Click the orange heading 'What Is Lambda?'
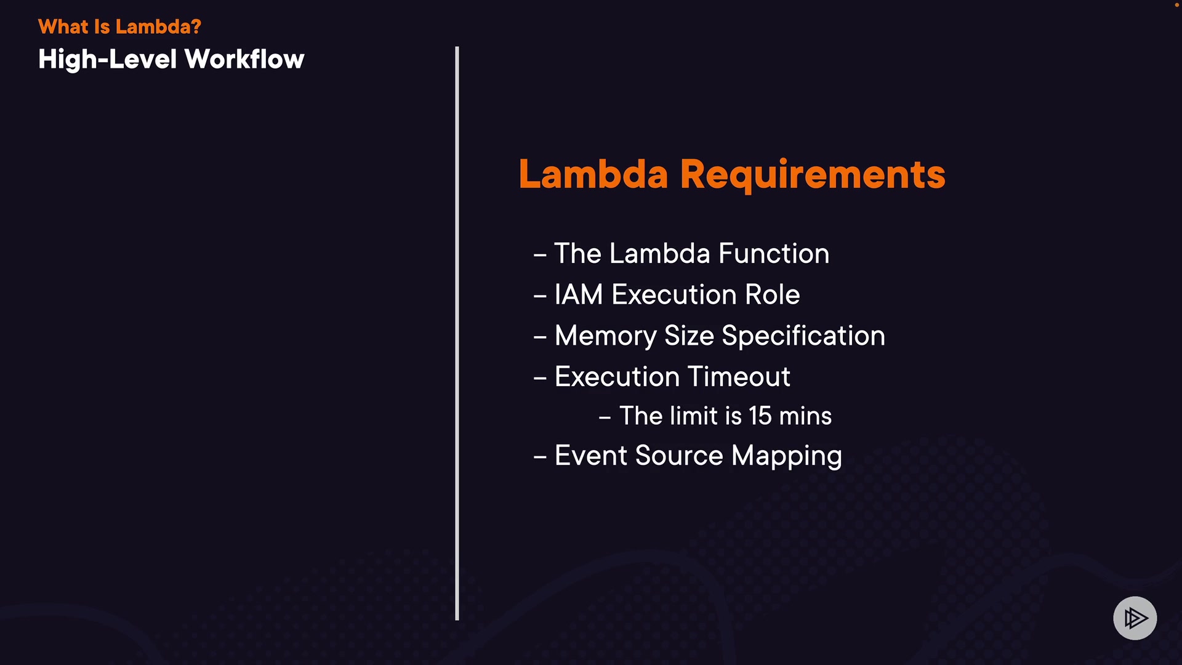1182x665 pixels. (x=119, y=26)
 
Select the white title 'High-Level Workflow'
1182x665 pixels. (x=171, y=60)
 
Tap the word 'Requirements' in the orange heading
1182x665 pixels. (x=813, y=175)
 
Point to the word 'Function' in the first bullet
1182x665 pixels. (x=774, y=254)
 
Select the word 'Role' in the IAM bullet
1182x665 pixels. (x=773, y=294)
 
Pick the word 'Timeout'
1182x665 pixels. (x=739, y=377)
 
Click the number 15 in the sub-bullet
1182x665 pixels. (x=760, y=416)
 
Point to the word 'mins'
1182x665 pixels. (x=805, y=416)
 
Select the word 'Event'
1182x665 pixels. (x=591, y=456)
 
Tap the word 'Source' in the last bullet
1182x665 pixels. (x=679, y=456)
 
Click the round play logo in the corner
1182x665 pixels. (x=1135, y=618)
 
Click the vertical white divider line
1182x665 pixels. (x=457, y=333)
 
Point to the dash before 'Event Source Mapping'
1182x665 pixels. (x=540, y=457)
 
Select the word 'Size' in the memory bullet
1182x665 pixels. (x=689, y=336)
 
